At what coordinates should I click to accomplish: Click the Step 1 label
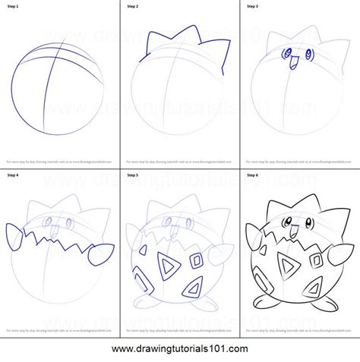[14, 6]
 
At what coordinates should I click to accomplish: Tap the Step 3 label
[251, 6]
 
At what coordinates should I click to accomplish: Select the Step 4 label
[14, 175]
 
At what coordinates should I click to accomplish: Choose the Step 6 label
[251, 175]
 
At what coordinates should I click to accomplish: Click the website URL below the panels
[179, 349]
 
